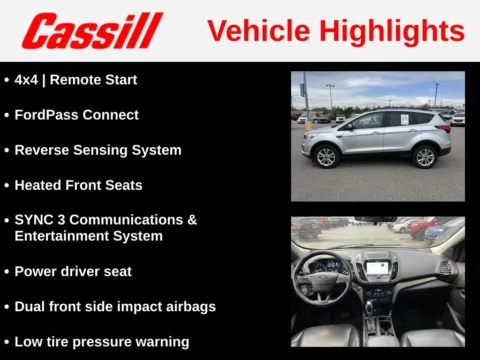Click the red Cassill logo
[92, 31]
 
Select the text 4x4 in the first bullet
[28, 79]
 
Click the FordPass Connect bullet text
[76, 114]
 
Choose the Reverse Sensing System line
[98, 150]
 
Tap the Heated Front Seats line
[78, 185]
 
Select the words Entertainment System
[88, 236]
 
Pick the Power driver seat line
[73, 271]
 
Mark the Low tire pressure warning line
[102, 342]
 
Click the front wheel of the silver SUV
[326, 156]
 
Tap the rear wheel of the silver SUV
[425, 156]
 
